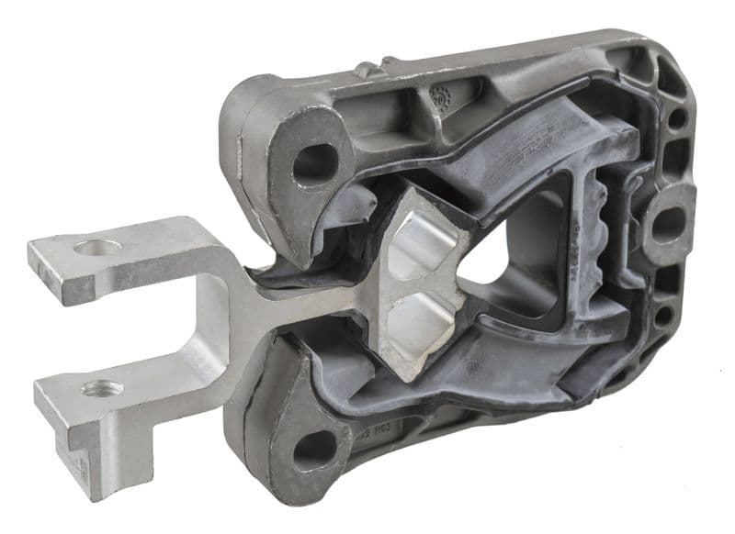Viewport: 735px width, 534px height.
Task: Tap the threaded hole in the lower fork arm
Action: [102, 389]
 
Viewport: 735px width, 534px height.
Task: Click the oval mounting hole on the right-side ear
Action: [669, 225]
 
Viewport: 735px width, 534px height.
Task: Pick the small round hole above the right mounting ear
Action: [677, 118]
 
